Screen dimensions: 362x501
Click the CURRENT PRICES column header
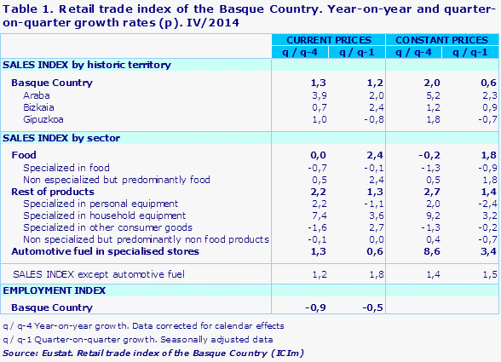[328, 40]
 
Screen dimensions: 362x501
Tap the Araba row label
[37, 96]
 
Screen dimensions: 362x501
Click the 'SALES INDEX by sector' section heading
[61, 137]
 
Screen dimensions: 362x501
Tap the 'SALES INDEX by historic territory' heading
[87, 65]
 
